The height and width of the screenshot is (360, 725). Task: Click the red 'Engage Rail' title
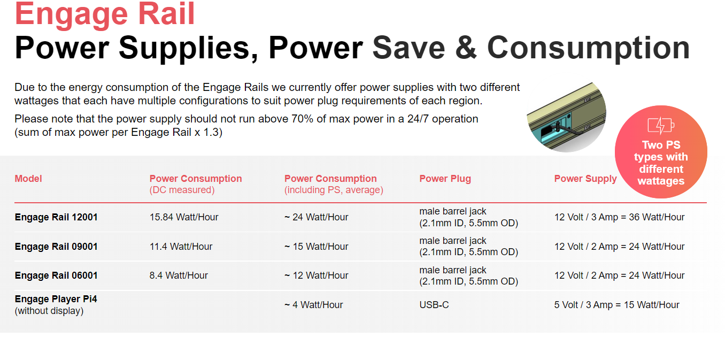point(105,15)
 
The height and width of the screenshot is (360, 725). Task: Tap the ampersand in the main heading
point(466,48)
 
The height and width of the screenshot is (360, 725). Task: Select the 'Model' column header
point(28,178)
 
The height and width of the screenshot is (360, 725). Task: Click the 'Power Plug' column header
point(445,178)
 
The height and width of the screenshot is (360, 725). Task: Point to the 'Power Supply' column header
point(585,178)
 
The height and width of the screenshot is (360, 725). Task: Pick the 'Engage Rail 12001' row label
point(56,217)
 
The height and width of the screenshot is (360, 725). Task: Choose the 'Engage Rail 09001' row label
point(56,247)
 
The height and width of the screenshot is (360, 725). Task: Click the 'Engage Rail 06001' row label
point(56,275)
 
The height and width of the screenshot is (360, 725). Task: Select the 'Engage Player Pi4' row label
point(56,299)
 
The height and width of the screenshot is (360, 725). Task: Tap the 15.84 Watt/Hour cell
point(184,217)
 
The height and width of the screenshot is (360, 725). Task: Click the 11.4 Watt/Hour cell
point(181,247)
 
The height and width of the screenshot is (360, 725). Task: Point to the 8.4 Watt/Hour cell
point(179,275)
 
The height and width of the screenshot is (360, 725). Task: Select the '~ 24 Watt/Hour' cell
point(316,217)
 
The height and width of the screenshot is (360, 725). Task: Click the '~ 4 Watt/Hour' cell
point(314,305)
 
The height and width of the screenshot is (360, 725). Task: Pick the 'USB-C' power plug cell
point(434,305)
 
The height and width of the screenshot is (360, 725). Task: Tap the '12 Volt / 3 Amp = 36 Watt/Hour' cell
point(620,217)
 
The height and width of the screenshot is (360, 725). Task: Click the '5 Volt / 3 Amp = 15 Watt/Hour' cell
point(617,305)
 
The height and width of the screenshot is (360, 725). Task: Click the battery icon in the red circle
point(661,125)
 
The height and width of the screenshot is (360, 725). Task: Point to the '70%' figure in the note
point(302,119)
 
